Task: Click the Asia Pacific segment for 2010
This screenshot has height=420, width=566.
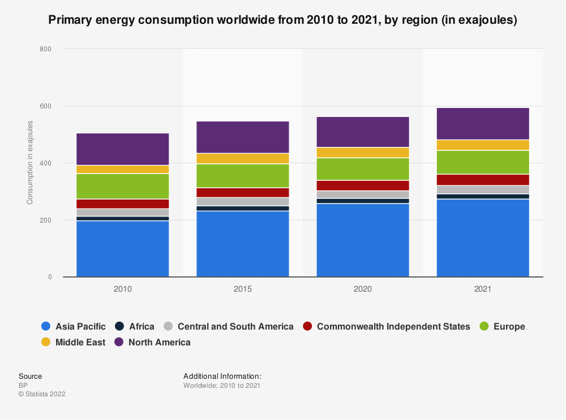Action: (123, 249)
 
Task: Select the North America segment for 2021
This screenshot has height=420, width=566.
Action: (483, 123)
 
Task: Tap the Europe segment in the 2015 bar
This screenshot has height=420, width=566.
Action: (243, 175)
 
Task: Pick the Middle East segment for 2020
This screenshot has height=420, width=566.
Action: (363, 153)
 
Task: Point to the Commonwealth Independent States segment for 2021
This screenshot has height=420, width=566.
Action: (483, 180)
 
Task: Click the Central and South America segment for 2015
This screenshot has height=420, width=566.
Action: (243, 201)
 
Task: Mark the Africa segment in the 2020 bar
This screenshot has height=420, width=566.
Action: (363, 201)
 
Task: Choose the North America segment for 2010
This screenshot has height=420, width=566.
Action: (123, 149)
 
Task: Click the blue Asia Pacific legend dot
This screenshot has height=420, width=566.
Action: (46, 326)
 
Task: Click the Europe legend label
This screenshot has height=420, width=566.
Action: (509, 326)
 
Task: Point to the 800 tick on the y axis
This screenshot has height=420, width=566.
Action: (45, 49)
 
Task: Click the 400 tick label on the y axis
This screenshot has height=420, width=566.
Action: (45, 163)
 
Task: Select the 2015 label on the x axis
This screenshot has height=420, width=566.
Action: (243, 289)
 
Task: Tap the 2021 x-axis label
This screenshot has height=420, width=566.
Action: (483, 289)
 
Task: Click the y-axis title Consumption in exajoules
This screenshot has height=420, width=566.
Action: (30, 163)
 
